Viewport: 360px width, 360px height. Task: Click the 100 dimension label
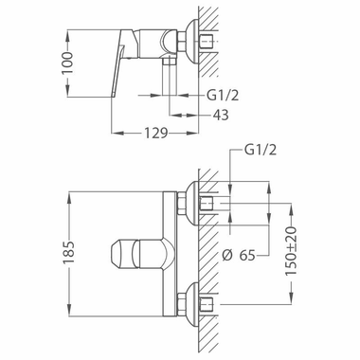pos(67,63)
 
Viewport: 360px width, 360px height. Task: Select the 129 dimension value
pos(155,134)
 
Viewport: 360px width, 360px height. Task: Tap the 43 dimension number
pos(221,115)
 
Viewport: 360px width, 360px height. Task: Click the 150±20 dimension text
pos(291,251)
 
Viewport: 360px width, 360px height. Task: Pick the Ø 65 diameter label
pos(239,255)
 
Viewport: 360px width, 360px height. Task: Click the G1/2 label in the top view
pos(223,95)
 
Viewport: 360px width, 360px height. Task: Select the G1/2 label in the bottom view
pos(261,150)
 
